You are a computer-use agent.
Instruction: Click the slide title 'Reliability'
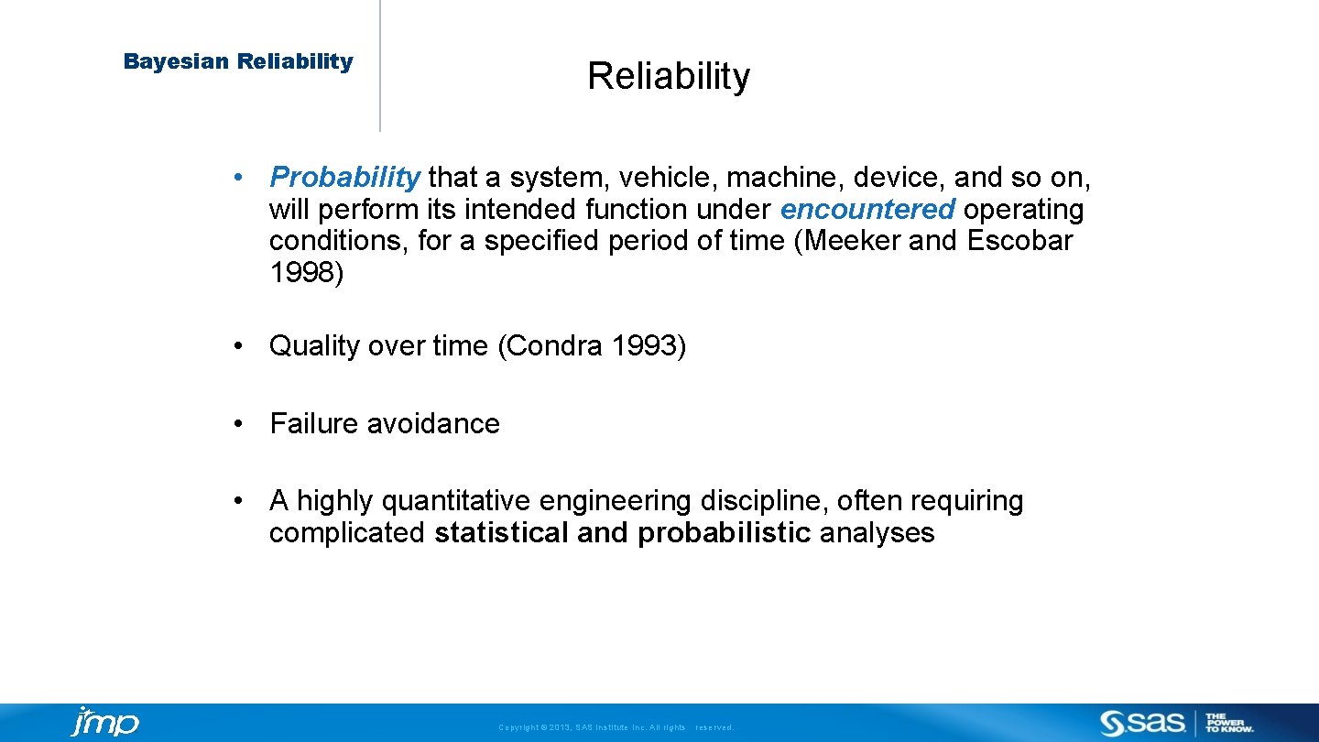tap(668, 76)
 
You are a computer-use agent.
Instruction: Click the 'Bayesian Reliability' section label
tap(238, 61)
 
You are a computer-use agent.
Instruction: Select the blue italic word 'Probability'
tap(344, 177)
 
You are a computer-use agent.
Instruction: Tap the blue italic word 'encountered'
tap(867, 210)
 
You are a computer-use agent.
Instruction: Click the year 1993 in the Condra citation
tap(648, 346)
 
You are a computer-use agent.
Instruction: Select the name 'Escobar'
tap(1019, 241)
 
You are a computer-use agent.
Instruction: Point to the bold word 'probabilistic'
tap(725, 533)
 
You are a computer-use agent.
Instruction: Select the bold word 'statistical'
tap(501, 533)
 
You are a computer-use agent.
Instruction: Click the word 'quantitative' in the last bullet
tap(455, 501)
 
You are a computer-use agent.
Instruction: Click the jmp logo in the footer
tap(104, 723)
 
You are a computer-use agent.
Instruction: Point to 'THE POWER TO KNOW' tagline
tap(1229, 723)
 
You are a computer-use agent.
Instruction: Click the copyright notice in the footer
tap(616, 727)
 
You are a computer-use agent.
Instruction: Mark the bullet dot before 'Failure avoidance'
tap(238, 424)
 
